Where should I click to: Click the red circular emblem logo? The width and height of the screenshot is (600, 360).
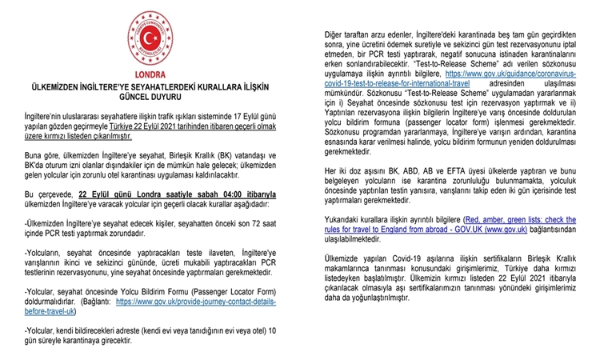(x=151, y=36)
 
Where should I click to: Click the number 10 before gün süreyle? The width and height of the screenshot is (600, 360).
(x=272, y=329)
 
